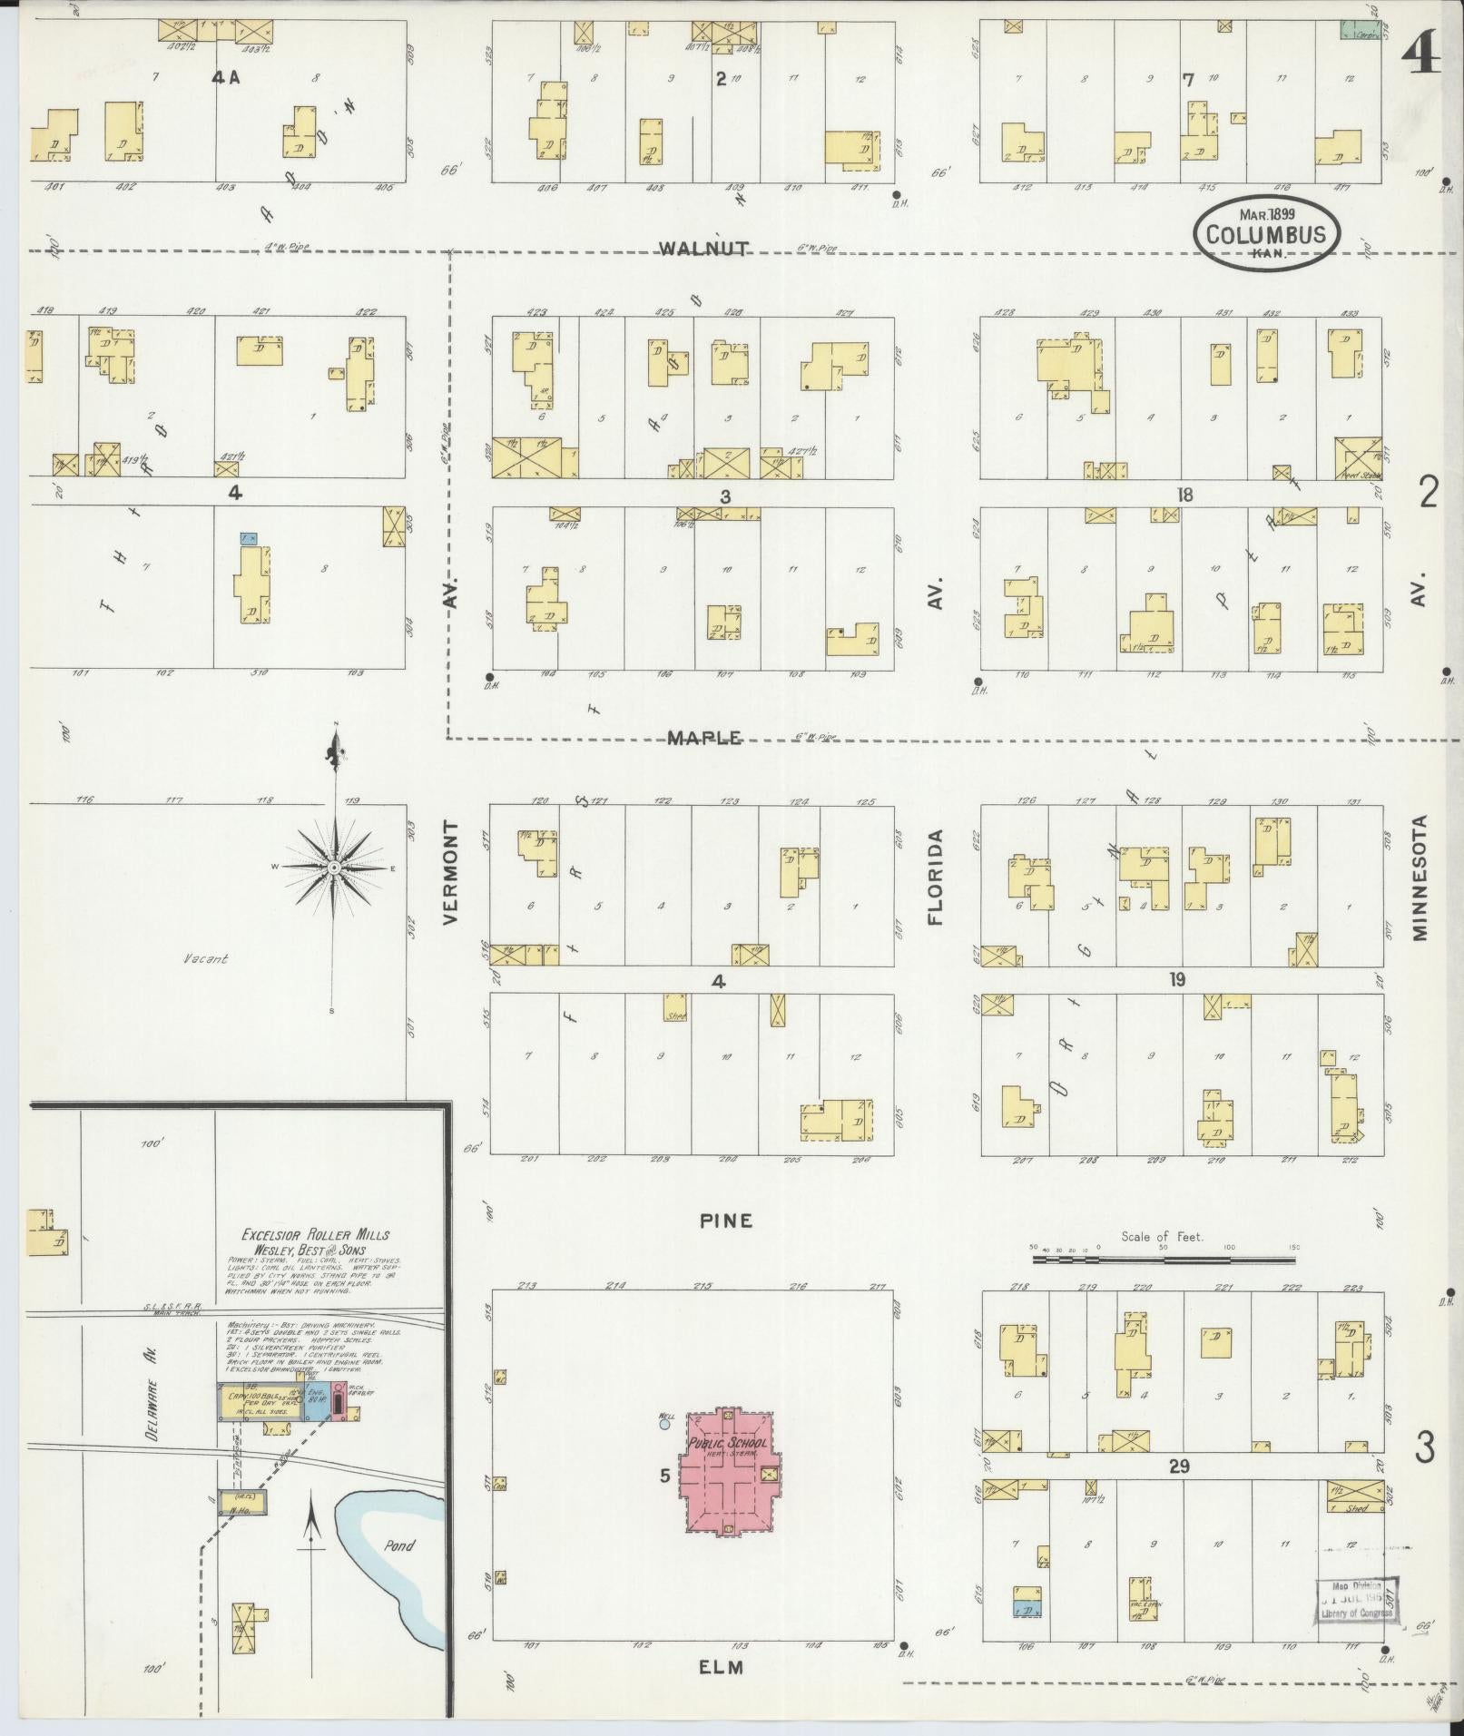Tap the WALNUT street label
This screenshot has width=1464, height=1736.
coord(703,249)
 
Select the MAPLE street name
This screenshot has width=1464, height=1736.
coord(704,739)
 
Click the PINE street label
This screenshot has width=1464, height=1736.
coord(726,1221)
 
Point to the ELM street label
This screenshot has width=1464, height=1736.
coord(722,1667)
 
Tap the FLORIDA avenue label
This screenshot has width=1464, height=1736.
coord(936,877)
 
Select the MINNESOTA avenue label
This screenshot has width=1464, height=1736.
coord(1420,877)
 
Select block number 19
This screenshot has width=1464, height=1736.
coord(1177,980)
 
